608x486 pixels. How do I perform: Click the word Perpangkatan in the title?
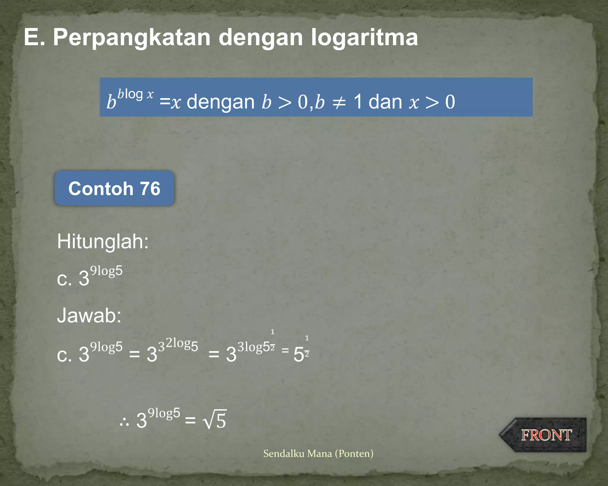132,37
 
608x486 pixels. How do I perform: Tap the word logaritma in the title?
364,37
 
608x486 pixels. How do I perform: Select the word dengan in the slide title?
260,37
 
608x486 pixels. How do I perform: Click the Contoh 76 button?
114,188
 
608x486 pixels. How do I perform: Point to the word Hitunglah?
102,241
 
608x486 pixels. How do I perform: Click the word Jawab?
89,315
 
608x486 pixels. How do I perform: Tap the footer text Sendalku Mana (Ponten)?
318,453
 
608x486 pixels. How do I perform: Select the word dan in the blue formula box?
385,102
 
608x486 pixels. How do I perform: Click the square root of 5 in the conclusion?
215,419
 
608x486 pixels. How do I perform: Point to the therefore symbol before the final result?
124,421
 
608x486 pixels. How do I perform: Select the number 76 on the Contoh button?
150,188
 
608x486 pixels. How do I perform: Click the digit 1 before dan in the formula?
358,102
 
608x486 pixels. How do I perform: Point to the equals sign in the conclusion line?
190,420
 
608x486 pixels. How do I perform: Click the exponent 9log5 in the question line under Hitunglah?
106,271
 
